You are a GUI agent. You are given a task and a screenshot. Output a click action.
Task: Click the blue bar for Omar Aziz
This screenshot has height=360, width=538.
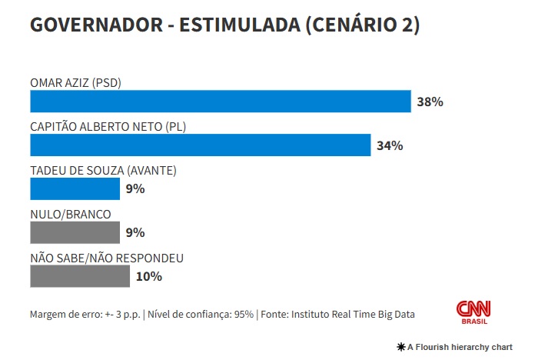point(221,102)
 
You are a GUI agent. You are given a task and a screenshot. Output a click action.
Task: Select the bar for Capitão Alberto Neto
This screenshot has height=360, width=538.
point(200,145)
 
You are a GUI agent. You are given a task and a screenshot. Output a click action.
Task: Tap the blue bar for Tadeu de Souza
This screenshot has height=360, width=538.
point(75,188)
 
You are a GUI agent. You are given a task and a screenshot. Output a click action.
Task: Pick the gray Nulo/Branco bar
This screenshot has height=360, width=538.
point(75,232)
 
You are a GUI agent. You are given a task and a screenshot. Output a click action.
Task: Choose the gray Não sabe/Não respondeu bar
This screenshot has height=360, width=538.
point(80,276)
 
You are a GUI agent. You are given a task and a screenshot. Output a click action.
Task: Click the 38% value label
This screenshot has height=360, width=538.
point(430,102)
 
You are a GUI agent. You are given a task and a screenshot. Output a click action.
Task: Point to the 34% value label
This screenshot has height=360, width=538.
point(390,145)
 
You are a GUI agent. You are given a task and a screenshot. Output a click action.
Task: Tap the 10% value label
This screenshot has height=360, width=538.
point(149,276)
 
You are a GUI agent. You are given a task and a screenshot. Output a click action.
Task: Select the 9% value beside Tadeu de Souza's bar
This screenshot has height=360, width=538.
point(136,188)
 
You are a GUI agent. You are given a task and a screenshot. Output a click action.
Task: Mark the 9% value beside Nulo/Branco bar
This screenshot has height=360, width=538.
point(136,232)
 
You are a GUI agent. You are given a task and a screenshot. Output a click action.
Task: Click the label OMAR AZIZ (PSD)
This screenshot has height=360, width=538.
point(75,82)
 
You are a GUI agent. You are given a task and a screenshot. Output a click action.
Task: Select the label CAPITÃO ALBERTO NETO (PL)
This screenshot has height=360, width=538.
point(108,126)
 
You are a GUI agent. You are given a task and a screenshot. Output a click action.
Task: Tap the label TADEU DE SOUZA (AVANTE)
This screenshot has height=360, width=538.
point(104,170)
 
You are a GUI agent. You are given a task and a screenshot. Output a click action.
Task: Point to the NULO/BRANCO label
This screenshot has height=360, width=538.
point(70,214)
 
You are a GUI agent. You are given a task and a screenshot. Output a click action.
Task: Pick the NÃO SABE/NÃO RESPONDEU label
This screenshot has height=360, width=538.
point(107,258)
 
